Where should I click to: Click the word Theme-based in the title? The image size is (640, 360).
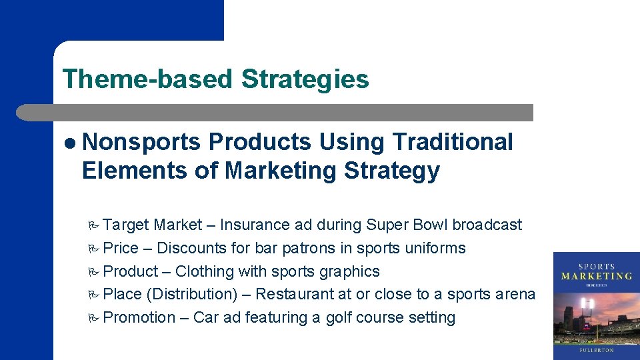(x=147, y=79)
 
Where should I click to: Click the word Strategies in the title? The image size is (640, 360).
(x=305, y=79)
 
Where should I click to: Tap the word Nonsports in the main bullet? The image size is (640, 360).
(x=141, y=142)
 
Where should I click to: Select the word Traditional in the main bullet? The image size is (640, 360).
(x=453, y=142)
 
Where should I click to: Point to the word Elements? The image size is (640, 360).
(x=134, y=171)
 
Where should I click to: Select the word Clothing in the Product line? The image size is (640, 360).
(x=205, y=272)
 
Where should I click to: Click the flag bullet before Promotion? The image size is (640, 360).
(x=93, y=318)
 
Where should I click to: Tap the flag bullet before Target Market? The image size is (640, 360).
(x=93, y=225)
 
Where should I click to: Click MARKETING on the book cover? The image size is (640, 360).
(x=597, y=276)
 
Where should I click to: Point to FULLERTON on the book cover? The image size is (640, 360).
(x=597, y=349)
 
